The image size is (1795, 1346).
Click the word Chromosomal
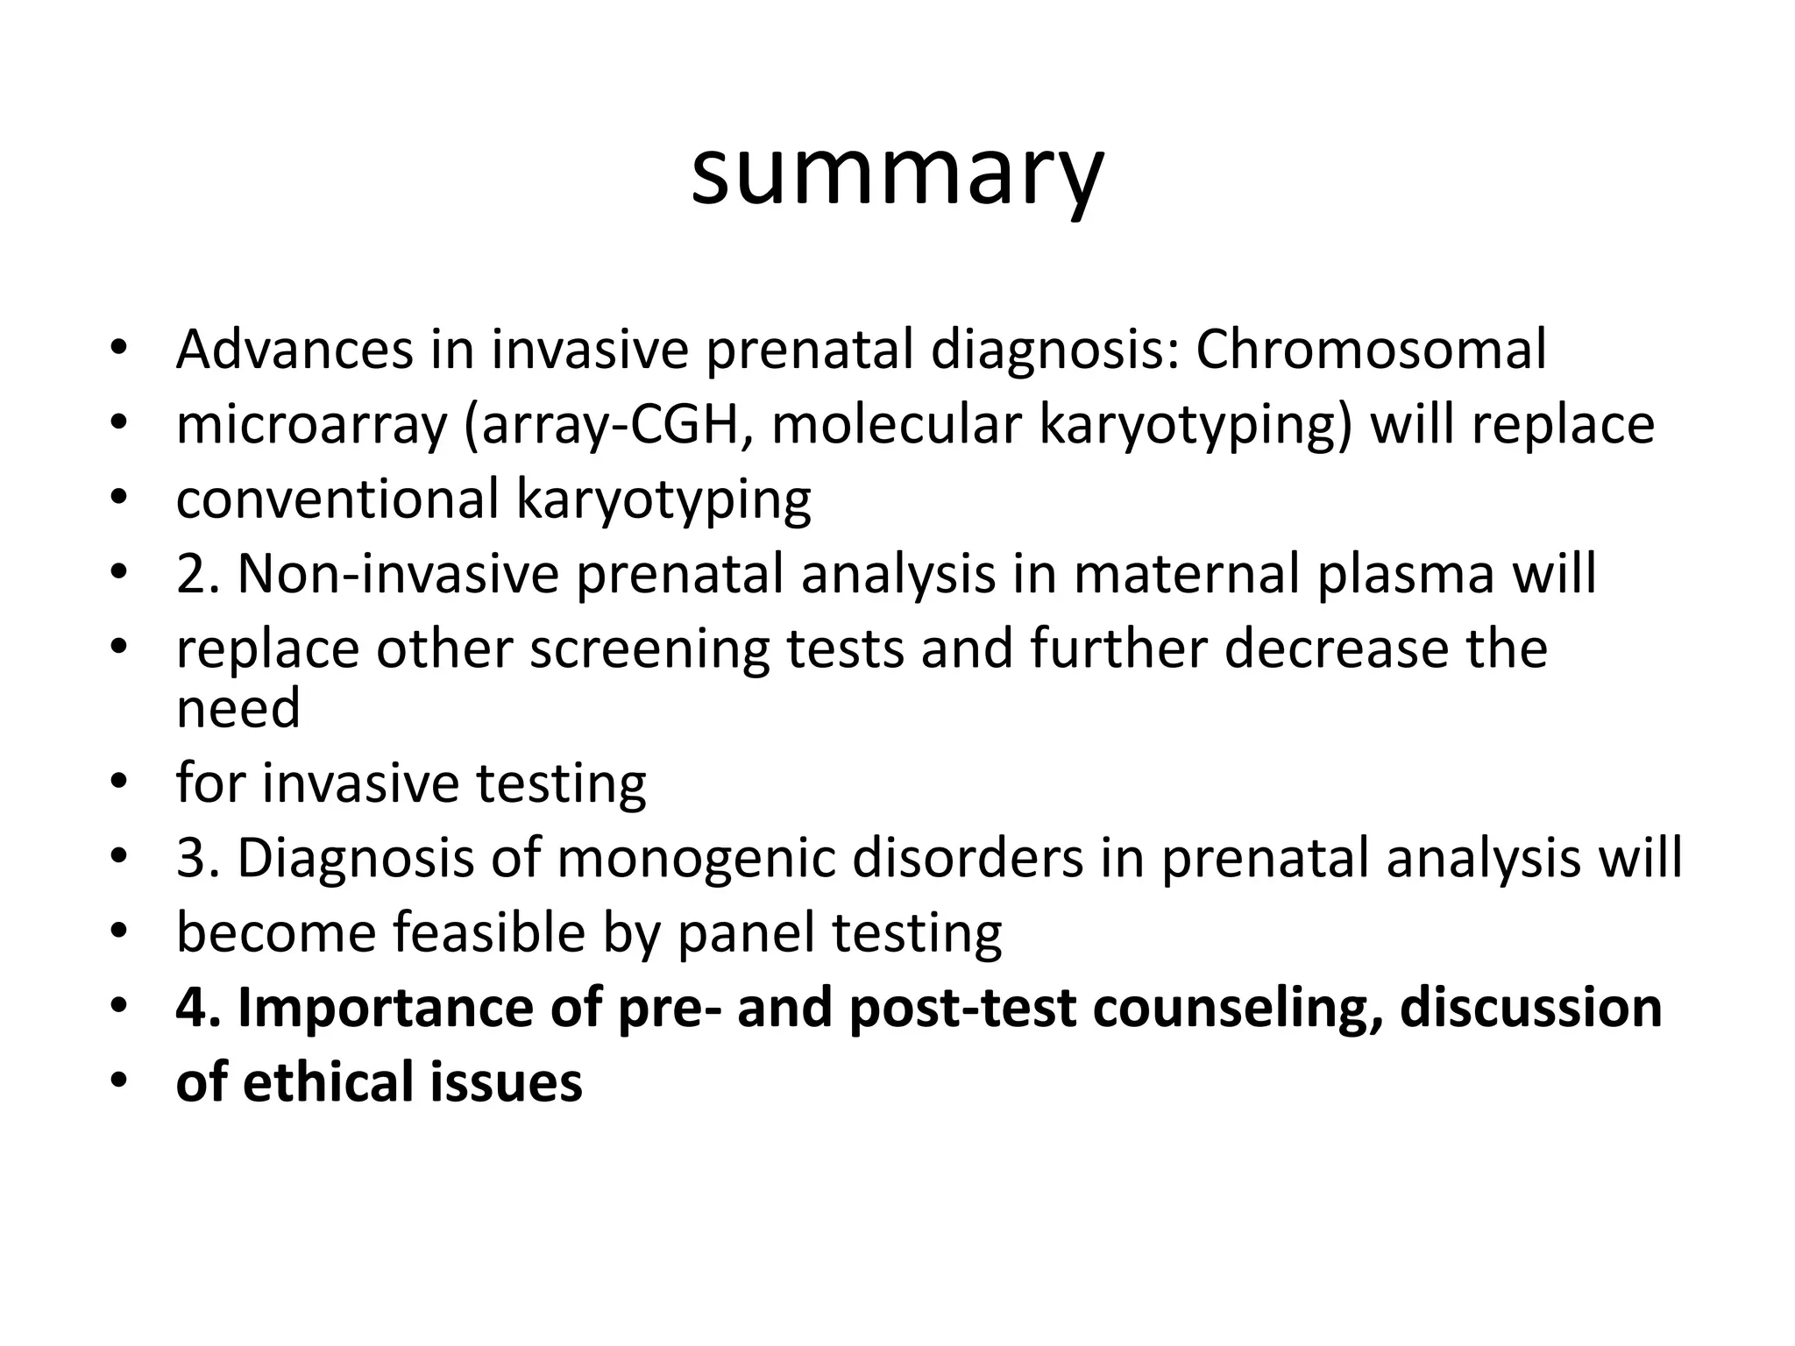click(x=1371, y=350)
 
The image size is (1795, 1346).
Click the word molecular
click(x=896, y=425)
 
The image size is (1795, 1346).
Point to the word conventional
click(x=337, y=499)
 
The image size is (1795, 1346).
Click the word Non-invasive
click(x=398, y=575)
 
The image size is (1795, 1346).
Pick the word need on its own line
click(x=238, y=708)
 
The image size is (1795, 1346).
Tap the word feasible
click(x=488, y=932)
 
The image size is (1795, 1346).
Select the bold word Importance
click(x=387, y=1008)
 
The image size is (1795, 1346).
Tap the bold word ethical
click(x=329, y=1082)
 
